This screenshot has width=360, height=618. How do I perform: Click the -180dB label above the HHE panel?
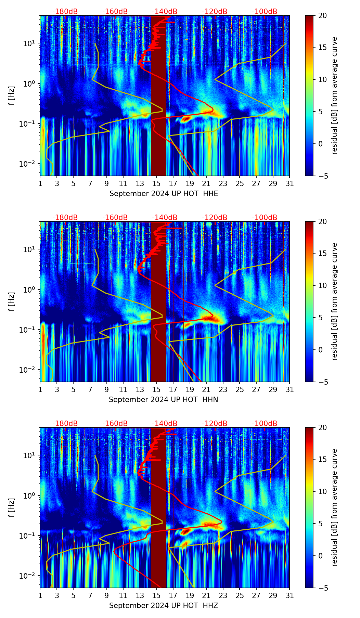(x=65, y=12)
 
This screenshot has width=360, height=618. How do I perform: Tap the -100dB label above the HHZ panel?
(x=265, y=424)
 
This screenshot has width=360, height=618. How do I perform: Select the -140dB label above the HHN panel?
(x=165, y=218)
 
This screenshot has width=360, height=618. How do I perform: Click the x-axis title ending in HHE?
(x=164, y=194)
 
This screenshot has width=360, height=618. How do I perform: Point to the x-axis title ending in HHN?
(x=164, y=400)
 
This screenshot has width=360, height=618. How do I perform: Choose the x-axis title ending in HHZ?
(x=164, y=606)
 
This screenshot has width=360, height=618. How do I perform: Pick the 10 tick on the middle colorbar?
(x=322, y=285)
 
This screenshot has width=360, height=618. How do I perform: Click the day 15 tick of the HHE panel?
(x=156, y=183)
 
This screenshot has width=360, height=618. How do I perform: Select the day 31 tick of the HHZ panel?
(x=290, y=595)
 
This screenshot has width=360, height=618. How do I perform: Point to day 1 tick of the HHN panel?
(x=40, y=389)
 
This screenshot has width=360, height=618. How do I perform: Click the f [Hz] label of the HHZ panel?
(x=11, y=507)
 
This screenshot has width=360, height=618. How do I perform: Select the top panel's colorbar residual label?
(x=335, y=95)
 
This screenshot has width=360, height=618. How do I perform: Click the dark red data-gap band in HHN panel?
(x=158, y=301)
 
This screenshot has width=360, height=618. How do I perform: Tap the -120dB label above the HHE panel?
(x=215, y=12)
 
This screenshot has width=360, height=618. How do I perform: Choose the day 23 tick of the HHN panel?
(x=223, y=389)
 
